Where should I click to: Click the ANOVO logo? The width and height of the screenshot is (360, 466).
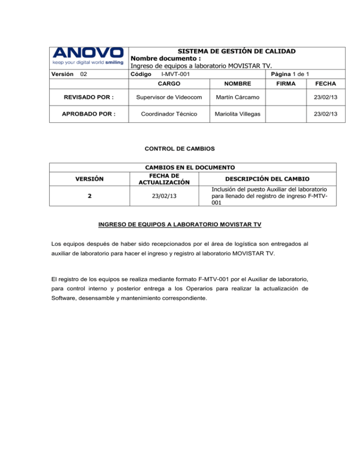tap(88, 53)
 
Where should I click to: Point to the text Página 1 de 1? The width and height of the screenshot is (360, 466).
tap(286, 75)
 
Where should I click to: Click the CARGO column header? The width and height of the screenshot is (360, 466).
tap(170, 83)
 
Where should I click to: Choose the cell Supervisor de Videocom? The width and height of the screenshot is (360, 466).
tap(170, 97)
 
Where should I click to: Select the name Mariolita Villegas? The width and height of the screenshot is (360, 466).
tap(237, 114)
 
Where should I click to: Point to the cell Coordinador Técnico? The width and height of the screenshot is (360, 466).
tap(170, 114)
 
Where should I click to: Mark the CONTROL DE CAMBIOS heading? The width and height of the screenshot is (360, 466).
tap(180, 149)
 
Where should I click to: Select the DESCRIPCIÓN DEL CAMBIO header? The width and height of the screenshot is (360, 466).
tap(267, 179)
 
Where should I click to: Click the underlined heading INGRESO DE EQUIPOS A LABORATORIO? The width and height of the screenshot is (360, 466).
tap(180, 225)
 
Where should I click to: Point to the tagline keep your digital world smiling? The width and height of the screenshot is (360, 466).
tap(88, 62)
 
